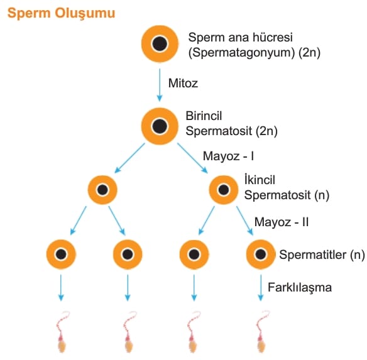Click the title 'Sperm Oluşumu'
[62, 13]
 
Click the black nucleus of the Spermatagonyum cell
[160, 44]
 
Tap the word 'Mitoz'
[183, 83]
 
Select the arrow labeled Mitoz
[160, 85]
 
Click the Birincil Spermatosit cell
[160, 126]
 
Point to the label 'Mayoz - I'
[229, 156]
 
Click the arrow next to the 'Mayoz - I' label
[192, 158]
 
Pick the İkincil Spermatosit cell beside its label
[224, 190]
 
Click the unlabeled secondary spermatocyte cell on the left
[102, 190]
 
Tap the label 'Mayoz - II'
[282, 222]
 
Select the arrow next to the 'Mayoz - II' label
[245, 221]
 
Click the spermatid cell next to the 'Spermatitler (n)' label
[261, 254]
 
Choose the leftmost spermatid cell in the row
[61, 254]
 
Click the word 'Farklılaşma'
[300, 288]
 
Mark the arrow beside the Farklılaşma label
[261, 288]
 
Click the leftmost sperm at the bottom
[62, 332]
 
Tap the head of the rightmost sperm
[261, 346]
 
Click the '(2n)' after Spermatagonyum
[309, 52]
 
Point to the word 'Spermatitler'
[313, 254]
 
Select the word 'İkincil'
[260, 180]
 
